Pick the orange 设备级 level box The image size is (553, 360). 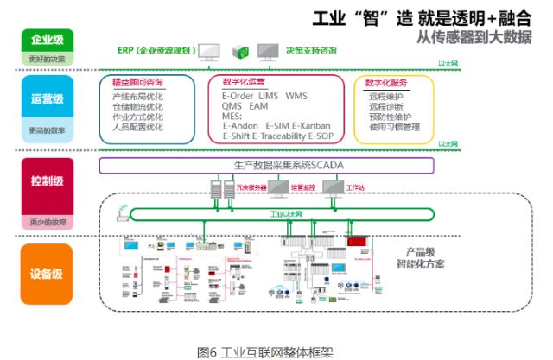coord(47,274)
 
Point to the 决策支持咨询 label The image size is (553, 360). coord(312,50)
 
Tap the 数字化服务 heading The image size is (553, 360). coord(385,83)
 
